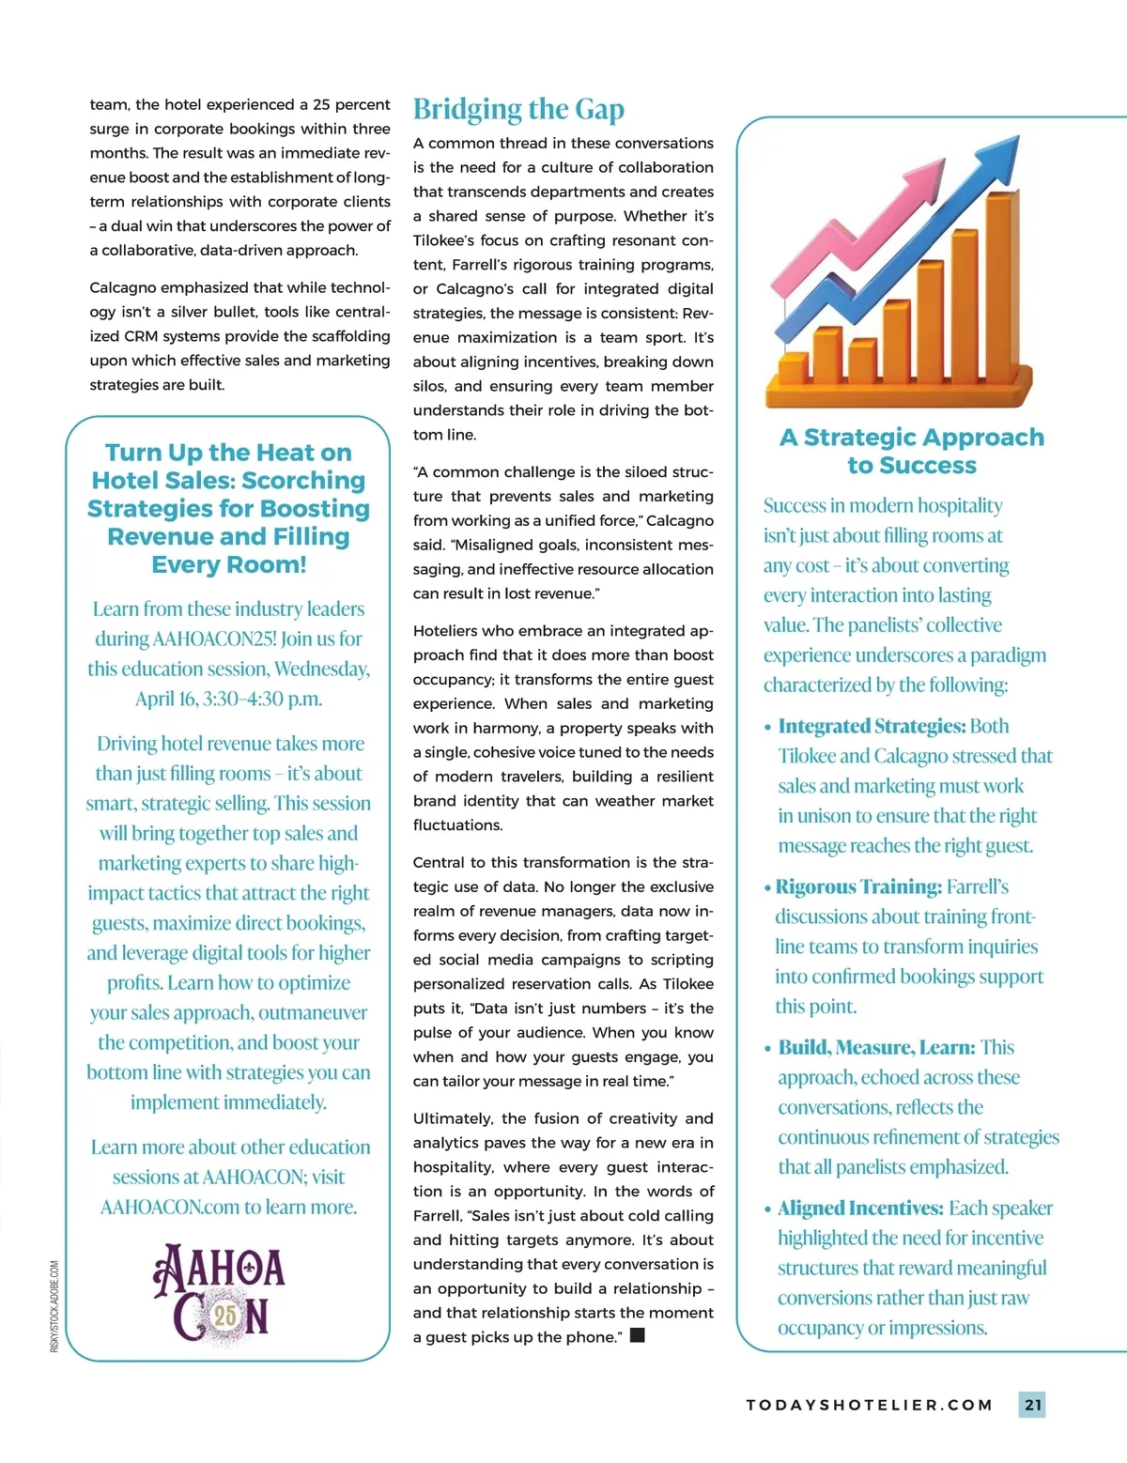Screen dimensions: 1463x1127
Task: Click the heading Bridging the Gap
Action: pos(518,110)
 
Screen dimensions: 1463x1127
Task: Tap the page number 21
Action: pos(1032,1405)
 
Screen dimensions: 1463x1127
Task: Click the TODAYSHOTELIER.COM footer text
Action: pos(869,1405)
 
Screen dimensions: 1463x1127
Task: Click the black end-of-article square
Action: pos(638,1335)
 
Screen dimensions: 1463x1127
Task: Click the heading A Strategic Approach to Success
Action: pos(911,451)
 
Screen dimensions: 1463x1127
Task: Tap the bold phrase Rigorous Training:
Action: pos(858,886)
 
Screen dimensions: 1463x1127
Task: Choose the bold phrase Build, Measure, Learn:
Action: pos(876,1047)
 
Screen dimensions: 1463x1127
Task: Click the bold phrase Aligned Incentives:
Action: pos(860,1208)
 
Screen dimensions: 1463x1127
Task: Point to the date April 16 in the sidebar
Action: pos(165,699)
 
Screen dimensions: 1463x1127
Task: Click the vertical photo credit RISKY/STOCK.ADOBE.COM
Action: pos(54,1306)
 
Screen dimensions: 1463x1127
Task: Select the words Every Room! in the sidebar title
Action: pos(229,564)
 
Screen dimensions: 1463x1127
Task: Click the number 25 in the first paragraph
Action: pos(321,104)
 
